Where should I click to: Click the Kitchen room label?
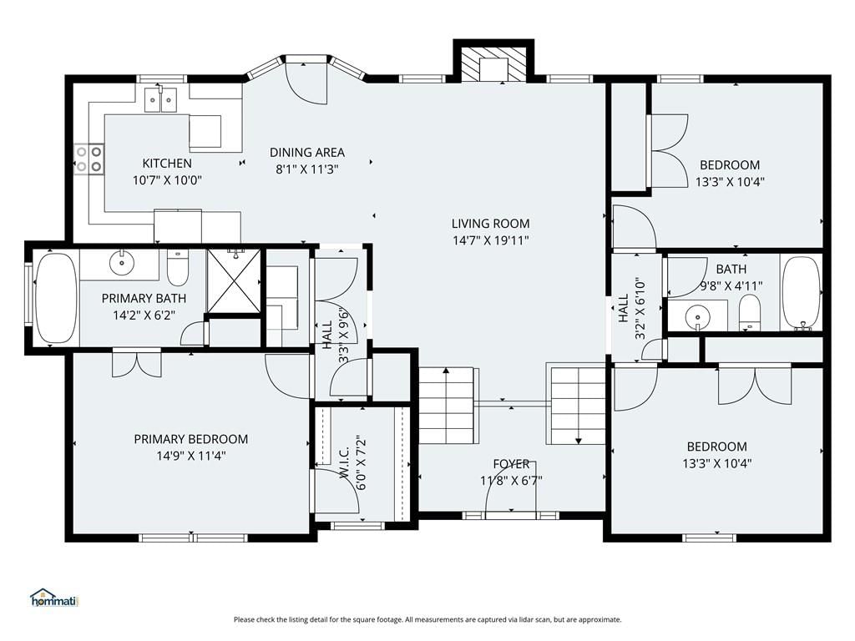[x=167, y=163]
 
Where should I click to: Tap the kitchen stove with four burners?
[x=89, y=159]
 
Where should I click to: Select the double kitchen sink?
[x=161, y=100]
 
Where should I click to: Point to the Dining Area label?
[x=307, y=152]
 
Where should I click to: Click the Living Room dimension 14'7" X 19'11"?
[x=491, y=240]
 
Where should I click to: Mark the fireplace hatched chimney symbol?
[x=493, y=64]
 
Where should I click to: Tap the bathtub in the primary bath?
[x=56, y=298]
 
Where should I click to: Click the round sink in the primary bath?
[x=122, y=263]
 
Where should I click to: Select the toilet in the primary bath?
[x=177, y=268]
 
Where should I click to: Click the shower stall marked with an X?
[x=234, y=281]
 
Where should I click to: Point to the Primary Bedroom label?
[x=191, y=439]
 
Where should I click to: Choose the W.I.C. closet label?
[x=345, y=462]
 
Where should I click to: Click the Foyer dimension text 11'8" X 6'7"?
[x=511, y=481]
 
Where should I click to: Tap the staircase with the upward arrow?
[x=448, y=406]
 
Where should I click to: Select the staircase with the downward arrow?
[x=577, y=406]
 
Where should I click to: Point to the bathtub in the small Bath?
[x=801, y=293]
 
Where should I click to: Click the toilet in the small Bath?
[x=749, y=313]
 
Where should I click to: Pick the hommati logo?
[x=54, y=598]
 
